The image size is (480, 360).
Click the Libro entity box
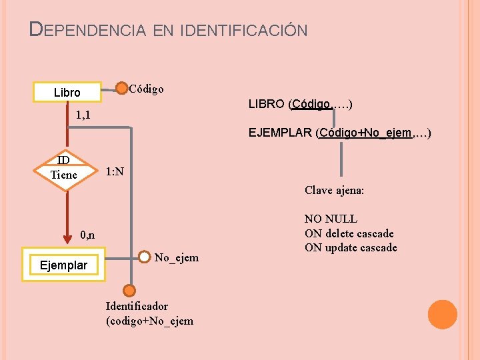coord(67,92)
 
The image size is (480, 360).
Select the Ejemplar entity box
coord(63,265)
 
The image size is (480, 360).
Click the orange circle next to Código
coord(122,89)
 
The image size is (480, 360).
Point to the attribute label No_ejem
coord(176,258)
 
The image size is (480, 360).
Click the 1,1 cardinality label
coord(83,115)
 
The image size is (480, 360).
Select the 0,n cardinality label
coord(87,235)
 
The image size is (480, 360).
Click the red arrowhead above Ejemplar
coord(65,239)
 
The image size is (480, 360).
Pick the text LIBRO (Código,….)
coord(300,104)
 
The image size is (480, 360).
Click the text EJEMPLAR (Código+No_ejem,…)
coord(339,133)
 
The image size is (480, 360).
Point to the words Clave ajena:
coord(334,190)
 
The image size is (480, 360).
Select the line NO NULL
coord(331,219)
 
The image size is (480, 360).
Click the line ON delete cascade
coord(349,233)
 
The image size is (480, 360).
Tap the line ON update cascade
coord(351,248)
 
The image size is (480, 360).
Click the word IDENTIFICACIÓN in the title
coord(244,30)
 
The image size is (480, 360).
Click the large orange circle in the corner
coord(442,315)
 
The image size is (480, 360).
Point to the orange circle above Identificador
coord(129,290)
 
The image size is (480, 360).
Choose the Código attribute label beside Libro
coord(146,89)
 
